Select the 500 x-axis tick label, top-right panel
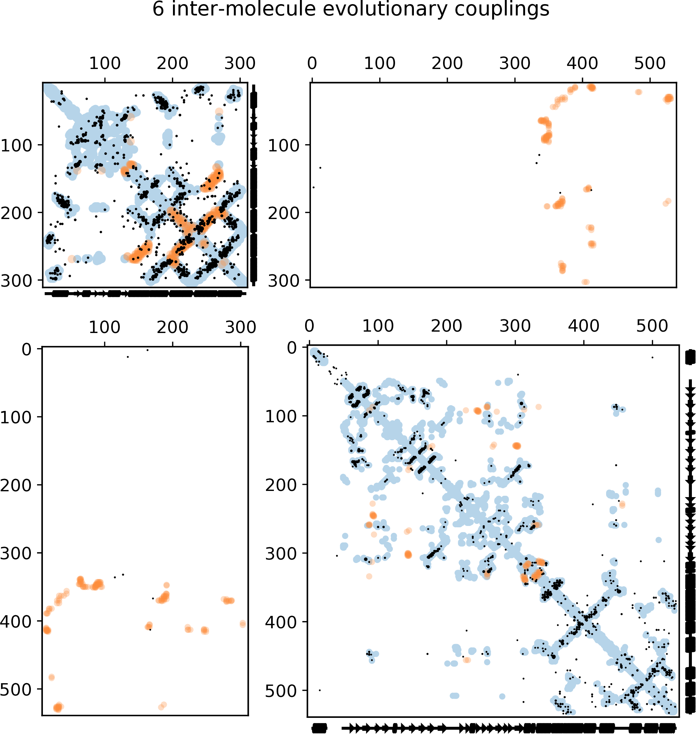coord(650,64)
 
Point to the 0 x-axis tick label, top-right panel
coord(312,64)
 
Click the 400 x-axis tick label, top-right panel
coord(582,64)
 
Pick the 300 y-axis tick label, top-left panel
coord(16,281)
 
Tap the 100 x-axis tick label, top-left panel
coord(105,64)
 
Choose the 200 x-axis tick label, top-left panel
coord(172,64)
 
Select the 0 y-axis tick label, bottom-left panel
coord(27,349)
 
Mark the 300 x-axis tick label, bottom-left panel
coord(241,328)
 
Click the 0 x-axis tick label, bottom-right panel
coord(310,326)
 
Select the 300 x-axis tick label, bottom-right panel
coord(515,326)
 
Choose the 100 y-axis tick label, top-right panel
coord(283,146)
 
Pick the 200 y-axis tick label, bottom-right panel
coord(281,485)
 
